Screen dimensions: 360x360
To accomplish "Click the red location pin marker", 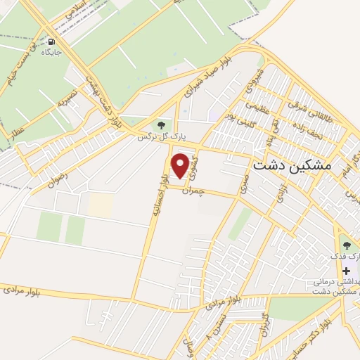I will pyautogui.click(x=181, y=165).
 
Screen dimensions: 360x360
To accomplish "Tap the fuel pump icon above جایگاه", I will pyautogui.click(x=52, y=41).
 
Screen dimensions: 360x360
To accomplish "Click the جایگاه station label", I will pyautogui.click(x=52, y=52).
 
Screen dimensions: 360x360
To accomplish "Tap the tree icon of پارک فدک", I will pyautogui.click(x=346, y=244).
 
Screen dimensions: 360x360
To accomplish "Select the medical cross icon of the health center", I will pyautogui.click(x=346, y=271).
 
